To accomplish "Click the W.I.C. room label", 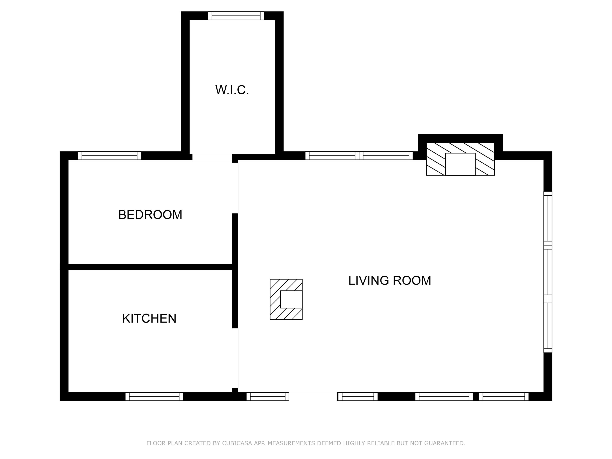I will point(232,90).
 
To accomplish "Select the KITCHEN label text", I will point(149,318).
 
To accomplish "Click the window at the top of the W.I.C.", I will point(236,16).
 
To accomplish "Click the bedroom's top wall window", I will point(110,156).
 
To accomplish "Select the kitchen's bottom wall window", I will point(154,396).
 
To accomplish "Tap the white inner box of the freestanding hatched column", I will point(291,299).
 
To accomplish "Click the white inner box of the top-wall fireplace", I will point(460,164).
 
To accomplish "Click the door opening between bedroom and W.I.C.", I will point(212,157).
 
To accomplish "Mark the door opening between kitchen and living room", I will point(235,358).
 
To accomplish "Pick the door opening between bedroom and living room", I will point(235,188).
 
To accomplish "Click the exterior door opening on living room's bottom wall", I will point(313,396).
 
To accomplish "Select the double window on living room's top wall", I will point(359,156).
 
